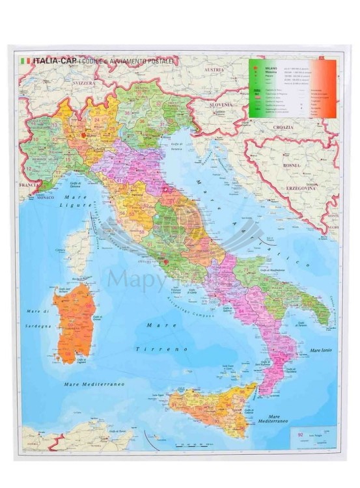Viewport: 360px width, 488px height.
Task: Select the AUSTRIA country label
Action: [x=214, y=69]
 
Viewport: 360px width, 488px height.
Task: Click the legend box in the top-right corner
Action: [x=292, y=88]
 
